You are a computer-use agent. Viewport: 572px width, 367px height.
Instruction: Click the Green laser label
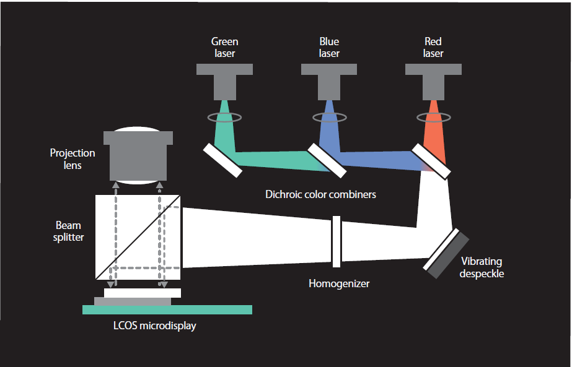[x=224, y=48]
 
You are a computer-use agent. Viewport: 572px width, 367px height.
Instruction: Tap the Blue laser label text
[x=329, y=48]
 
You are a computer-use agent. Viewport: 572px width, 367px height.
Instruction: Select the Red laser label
[x=433, y=48]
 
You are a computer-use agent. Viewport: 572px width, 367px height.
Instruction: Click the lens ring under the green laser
[x=225, y=116]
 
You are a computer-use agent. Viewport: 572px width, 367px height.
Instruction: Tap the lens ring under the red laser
[x=433, y=116]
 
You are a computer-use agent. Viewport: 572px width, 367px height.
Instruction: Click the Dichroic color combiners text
[x=320, y=194]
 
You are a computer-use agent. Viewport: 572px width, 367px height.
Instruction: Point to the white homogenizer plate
[x=336, y=241]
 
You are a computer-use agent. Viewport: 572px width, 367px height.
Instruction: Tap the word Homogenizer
[x=339, y=284]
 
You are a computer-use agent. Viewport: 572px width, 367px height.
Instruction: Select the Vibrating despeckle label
[x=482, y=267]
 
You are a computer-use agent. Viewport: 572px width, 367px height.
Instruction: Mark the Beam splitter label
[x=69, y=231]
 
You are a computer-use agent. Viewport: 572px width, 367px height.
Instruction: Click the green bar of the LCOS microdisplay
[x=167, y=309]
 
